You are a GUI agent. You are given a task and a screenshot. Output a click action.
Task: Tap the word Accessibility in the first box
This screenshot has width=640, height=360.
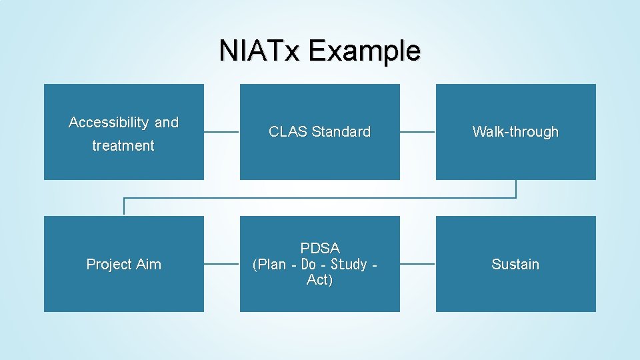pos(109,123)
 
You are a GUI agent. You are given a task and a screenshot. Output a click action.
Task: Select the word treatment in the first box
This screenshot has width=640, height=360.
pos(123,146)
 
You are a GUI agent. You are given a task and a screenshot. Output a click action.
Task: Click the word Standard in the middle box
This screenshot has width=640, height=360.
pos(339,132)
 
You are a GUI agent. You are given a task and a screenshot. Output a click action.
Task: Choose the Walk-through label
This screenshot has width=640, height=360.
pos(515,132)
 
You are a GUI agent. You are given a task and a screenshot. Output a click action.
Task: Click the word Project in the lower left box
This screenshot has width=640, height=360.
pos(109,265)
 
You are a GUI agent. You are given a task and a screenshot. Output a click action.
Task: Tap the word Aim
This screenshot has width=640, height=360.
pos(148,265)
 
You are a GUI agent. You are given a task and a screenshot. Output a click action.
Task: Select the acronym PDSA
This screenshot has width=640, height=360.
pos(320,249)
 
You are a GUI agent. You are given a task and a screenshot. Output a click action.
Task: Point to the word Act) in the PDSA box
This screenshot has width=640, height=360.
pos(320,280)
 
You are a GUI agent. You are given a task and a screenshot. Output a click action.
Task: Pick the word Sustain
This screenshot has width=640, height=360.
pos(515,265)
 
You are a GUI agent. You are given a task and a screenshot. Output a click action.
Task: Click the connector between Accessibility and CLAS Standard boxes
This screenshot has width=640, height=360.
pos(221,132)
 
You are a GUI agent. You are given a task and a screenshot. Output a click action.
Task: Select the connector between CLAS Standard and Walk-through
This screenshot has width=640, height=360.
pos(417,132)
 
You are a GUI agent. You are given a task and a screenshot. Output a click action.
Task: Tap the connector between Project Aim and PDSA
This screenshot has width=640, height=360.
pos(221,264)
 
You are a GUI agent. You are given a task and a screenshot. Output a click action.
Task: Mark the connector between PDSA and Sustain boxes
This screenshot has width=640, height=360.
pos(417,264)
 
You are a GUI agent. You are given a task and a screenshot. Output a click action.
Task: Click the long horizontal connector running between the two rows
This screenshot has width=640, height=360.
pos(320,198)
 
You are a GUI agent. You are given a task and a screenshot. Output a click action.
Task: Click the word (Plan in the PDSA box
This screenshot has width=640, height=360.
pos(269,265)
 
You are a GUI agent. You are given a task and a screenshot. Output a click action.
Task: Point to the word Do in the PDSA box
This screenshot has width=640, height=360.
pos(309,265)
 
